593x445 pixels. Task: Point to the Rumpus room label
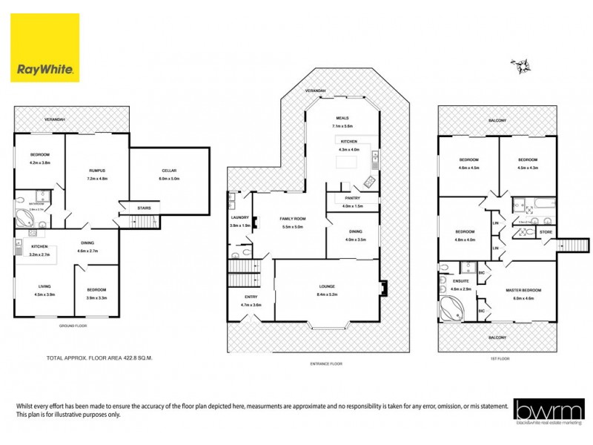point(98,171)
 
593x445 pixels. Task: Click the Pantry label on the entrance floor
point(352,199)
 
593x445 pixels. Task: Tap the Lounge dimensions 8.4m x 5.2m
point(327,294)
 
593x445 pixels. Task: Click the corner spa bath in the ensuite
point(451,308)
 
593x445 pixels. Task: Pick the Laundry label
point(239,217)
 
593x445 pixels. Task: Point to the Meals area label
point(342,118)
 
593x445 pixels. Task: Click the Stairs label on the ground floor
point(144,208)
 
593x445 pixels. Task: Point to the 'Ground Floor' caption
point(72,326)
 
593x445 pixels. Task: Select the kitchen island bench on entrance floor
point(346,161)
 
